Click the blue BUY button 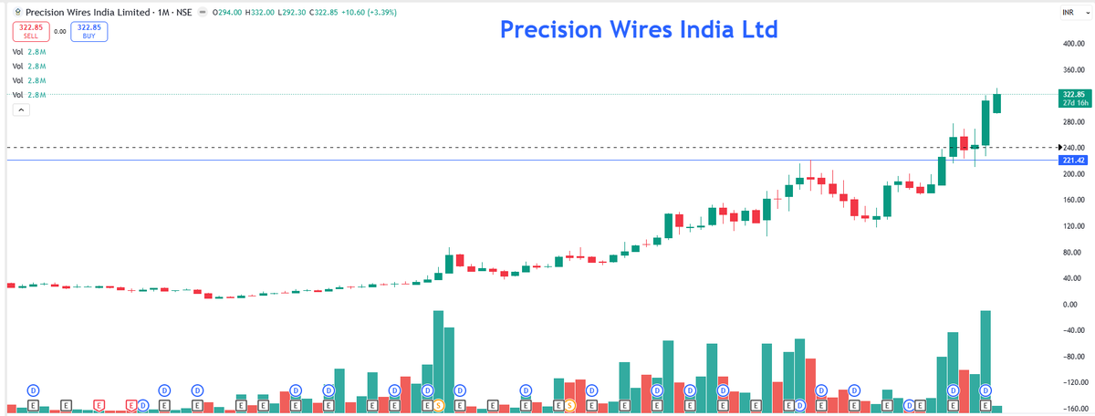[x=89, y=31]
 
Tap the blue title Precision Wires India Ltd [x=639, y=29]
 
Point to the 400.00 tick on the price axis [x=1072, y=43]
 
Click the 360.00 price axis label [x=1072, y=69]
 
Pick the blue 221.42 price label [x=1072, y=161]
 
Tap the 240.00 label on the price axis [x=1072, y=148]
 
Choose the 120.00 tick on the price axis [x=1072, y=225]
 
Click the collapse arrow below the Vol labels [x=22, y=109]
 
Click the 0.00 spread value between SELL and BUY [x=60, y=31]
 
